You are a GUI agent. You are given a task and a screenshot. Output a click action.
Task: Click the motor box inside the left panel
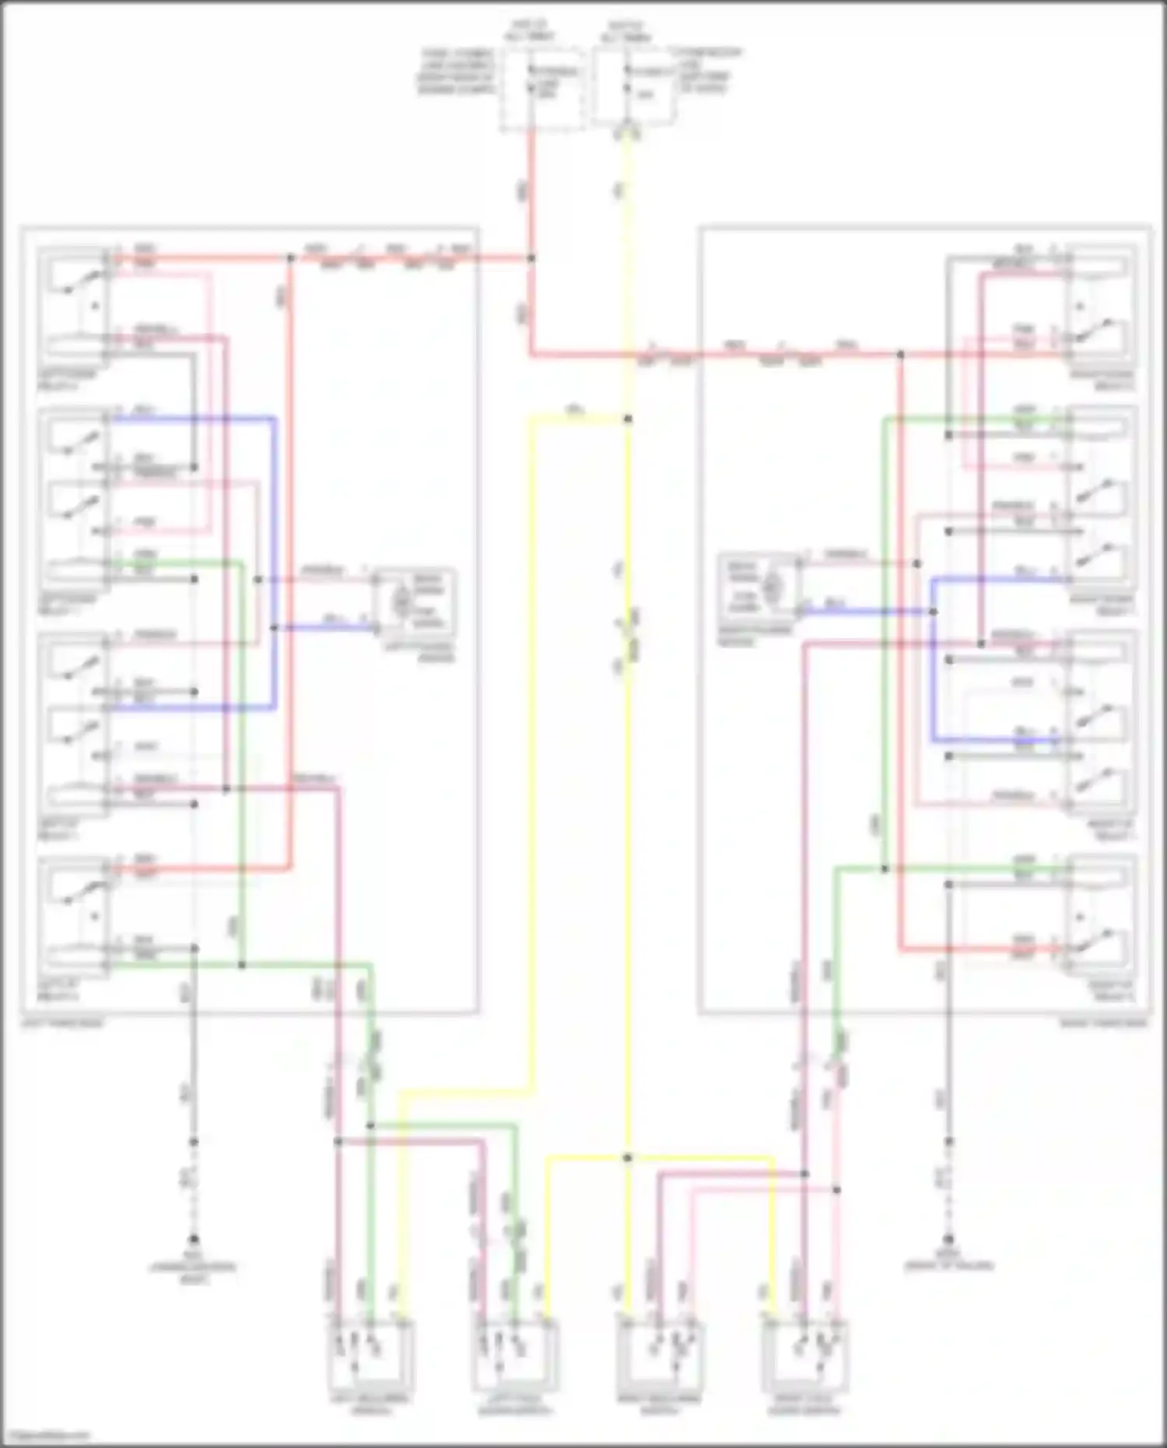(x=414, y=601)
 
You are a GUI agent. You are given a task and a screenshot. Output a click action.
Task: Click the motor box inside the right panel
(x=759, y=587)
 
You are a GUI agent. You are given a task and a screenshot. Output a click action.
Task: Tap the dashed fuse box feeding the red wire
(x=543, y=87)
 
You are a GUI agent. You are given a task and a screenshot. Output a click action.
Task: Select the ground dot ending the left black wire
(x=194, y=1239)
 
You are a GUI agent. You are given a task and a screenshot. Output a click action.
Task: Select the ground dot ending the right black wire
(x=948, y=1239)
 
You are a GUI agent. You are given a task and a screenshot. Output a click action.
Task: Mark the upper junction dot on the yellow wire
(x=628, y=419)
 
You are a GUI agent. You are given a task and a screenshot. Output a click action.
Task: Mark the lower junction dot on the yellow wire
(x=628, y=1159)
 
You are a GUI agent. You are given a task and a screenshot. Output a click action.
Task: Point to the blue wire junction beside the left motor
(x=274, y=627)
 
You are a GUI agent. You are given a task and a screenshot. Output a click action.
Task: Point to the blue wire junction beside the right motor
(x=933, y=612)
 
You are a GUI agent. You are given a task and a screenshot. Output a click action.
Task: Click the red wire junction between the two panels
(x=532, y=258)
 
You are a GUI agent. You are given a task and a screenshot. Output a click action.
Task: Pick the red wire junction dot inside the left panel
(x=290, y=258)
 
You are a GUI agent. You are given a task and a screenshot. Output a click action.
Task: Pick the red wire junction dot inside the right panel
(x=900, y=355)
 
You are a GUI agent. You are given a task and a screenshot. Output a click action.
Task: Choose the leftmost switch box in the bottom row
(x=370, y=1353)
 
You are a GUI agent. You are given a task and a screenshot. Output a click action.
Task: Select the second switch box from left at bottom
(x=515, y=1353)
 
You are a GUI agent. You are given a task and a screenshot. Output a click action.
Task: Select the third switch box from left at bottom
(x=661, y=1353)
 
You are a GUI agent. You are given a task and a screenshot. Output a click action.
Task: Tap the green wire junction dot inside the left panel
(x=242, y=966)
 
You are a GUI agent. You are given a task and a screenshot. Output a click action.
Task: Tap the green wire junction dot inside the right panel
(x=885, y=869)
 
